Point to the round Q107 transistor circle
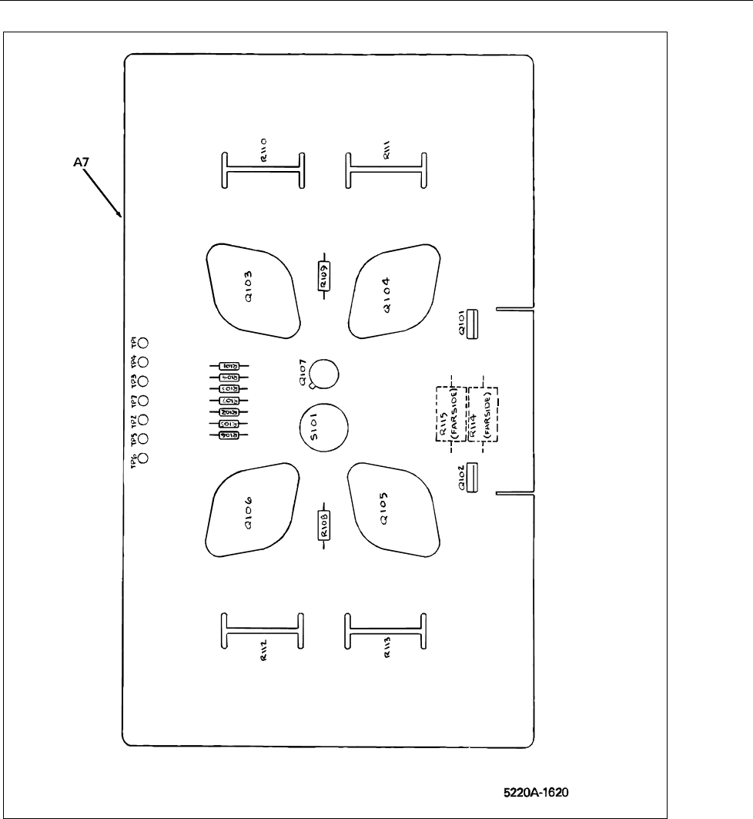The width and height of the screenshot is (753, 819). click(326, 374)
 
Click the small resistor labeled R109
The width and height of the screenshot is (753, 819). click(324, 273)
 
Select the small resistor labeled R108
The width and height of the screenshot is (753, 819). click(324, 529)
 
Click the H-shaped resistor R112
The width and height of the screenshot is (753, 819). click(262, 632)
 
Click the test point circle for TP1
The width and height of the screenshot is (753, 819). click(142, 343)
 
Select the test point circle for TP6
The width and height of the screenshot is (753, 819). click(142, 458)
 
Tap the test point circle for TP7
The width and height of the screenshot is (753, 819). click(142, 401)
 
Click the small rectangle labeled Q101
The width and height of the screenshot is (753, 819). click(472, 324)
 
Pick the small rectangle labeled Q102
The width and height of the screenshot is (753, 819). click(472, 478)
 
